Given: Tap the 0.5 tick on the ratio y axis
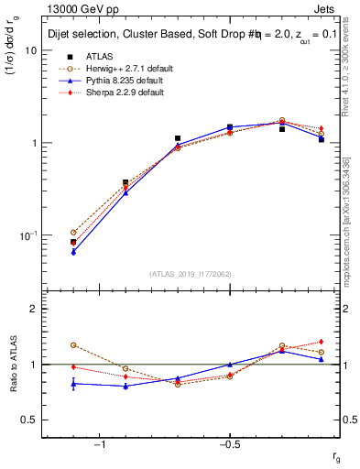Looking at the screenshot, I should click(x=28, y=420).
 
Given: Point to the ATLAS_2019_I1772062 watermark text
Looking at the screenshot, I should click(x=190, y=274).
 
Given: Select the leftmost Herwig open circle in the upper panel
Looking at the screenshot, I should click(x=73, y=233).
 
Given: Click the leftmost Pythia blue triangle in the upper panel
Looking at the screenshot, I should click(x=73, y=251).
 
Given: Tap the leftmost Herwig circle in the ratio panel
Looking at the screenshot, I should click(x=73, y=345).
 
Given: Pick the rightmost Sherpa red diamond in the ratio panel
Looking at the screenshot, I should click(x=322, y=342).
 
